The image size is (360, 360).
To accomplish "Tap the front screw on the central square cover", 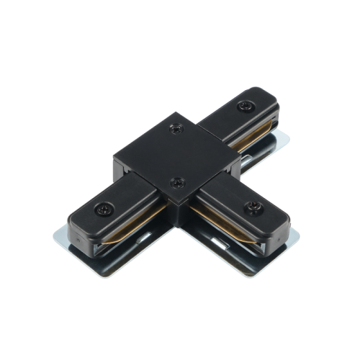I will click(175, 183).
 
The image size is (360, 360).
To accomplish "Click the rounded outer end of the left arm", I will click(72, 216).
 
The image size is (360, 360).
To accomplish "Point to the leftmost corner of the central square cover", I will click(114, 155).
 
